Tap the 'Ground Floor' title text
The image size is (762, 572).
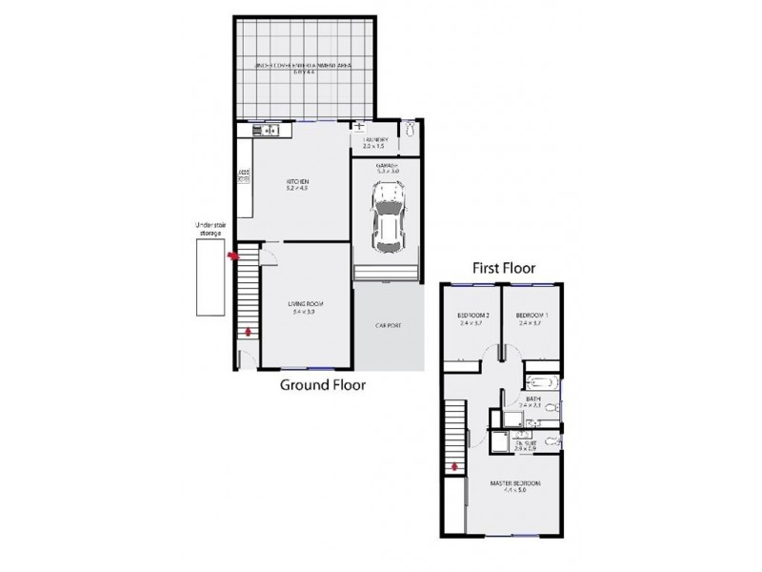(322, 385)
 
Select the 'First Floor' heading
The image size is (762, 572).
(504, 269)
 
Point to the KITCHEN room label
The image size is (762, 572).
(298, 184)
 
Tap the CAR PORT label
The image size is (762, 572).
(388, 326)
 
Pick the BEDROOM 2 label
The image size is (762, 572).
(472, 317)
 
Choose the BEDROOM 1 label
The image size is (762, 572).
(529, 317)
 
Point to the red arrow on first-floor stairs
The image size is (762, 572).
(455, 466)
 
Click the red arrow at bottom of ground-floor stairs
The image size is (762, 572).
(250, 332)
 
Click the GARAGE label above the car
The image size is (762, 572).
(386, 166)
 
